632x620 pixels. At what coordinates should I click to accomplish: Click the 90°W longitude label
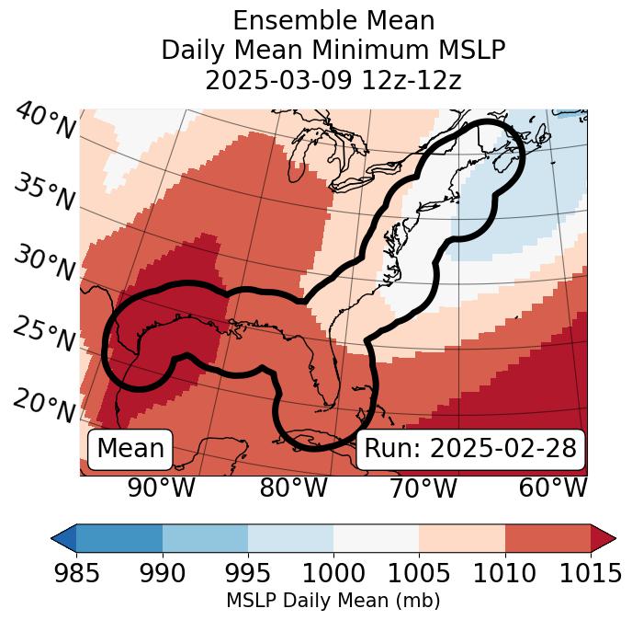[162, 488]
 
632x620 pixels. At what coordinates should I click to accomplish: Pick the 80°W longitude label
[293, 488]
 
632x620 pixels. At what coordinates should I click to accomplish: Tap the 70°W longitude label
[423, 488]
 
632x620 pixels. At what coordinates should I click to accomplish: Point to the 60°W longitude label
[553, 488]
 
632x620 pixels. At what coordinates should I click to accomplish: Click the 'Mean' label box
[130, 449]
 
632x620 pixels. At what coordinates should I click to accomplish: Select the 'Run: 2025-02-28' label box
[470, 449]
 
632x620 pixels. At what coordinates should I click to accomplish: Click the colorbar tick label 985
[76, 574]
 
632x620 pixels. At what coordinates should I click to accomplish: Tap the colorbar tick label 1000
[333, 574]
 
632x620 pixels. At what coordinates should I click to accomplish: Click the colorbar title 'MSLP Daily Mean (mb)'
[333, 602]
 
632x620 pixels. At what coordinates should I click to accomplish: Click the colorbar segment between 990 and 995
[205, 538]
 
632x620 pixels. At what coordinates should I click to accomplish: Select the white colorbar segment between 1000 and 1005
[376, 538]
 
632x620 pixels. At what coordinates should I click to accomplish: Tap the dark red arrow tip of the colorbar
[604, 538]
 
